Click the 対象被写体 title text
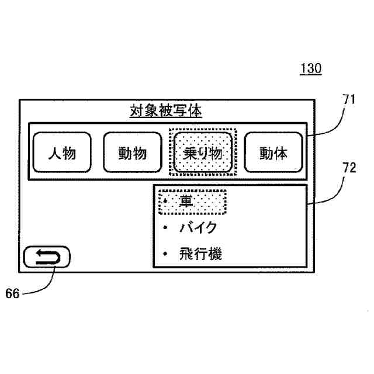(165, 111)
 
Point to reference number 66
(12, 294)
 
